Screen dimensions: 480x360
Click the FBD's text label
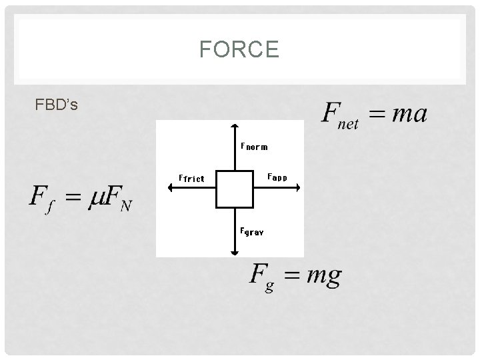[x=57, y=105]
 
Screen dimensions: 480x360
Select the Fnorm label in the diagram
[x=254, y=146]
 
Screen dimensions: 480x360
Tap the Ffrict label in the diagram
[x=191, y=178]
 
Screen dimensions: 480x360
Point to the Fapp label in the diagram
[x=277, y=177]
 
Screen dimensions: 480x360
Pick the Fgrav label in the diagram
[x=252, y=231]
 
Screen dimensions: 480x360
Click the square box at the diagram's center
[x=235, y=189]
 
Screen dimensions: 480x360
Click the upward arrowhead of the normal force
[x=235, y=125]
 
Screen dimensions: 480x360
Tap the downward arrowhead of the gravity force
[x=235, y=252]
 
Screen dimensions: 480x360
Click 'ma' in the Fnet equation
[x=408, y=113]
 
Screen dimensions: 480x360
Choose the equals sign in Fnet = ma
[x=375, y=115]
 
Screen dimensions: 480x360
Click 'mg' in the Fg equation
[x=323, y=276]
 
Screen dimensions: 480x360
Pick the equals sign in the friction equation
[x=74, y=197]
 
